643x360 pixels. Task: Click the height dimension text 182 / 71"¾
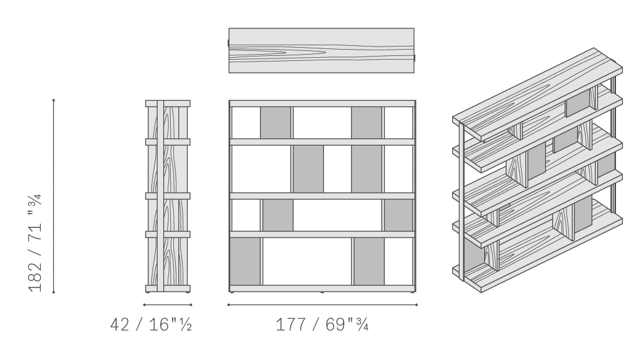pyautogui.click(x=35, y=243)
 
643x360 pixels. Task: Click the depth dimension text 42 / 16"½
pyautogui.click(x=151, y=325)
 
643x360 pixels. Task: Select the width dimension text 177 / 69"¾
pyautogui.click(x=322, y=325)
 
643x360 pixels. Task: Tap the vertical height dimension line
pyautogui.click(x=54, y=196)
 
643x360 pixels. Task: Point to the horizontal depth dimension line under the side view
pyautogui.click(x=168, y=305)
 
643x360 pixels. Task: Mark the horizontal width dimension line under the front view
pyautogui.click(x=322, y=305)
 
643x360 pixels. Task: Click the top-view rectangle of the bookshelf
pyautogui.click(x=321, y=50)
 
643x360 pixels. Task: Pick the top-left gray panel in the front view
pyautogui.click(x=276, y=123)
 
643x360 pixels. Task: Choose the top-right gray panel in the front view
pyautogui.click(x=367, y=123)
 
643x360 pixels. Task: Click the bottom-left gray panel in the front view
pyautogui.click(x=246, y=261)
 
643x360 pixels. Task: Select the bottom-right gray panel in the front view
pyautogui.click(x=369, y=261)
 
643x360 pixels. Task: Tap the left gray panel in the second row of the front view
pyautogui.click(x=308, y=169)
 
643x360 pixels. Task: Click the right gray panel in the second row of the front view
pyautogui.click(x=367, y=169)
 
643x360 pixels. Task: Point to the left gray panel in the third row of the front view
pyautogui.click(x=278, y=215)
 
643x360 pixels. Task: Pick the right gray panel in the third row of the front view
pyautogui.click(x=399, y=215)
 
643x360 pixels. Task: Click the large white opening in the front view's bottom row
pyautogui.click(x=307, y=261)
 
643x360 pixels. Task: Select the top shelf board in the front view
pyautogui.click(x=322, y=104)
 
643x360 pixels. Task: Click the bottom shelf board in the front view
pyautogui.click(x=322, y=288)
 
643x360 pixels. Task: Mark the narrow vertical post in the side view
pyautogui.click(x=160, y=196)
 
